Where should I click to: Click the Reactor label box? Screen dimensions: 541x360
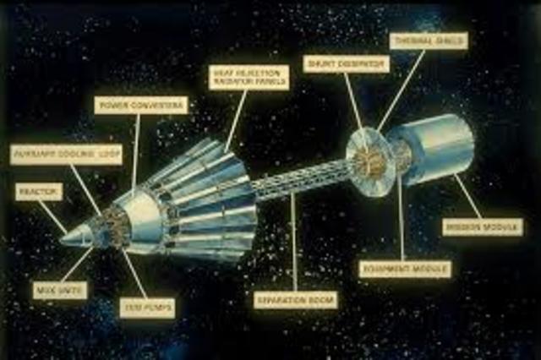39,193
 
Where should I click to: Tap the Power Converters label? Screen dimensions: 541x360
141,106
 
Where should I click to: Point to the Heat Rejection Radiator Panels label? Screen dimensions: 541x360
249,78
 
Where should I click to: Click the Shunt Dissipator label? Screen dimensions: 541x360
346,63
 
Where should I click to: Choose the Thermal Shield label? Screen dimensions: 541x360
429,41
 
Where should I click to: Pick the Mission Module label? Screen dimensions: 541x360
483,227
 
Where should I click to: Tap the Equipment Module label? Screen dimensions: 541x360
405,269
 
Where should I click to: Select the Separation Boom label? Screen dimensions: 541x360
296,299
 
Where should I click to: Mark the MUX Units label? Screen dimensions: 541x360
59,290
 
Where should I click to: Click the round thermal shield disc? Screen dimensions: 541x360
369,161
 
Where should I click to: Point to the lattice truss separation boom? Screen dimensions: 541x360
296,181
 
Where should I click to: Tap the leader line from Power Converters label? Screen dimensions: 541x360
136,152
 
